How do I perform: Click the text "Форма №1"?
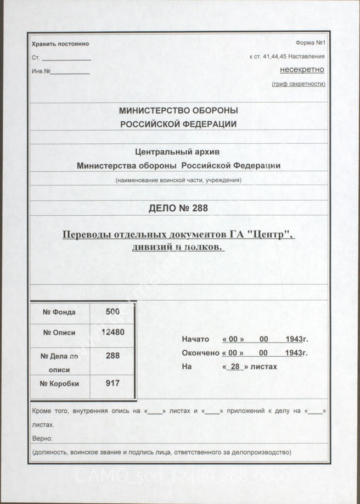point(311,43)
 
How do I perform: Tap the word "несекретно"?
point(302,70)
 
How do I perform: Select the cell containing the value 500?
point(112,311)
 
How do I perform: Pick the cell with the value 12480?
point(112,332)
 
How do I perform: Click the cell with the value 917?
point(112,383)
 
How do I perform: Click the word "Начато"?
point(195,340)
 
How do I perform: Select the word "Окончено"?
point(200,353)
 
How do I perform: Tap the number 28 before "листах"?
point(236,367)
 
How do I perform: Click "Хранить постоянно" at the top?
point(60,44)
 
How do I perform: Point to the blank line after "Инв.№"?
point(70,72)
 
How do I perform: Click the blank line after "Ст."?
point(66,59)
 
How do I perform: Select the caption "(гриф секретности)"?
point(298,84)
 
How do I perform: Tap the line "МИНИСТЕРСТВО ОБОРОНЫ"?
point(178,111)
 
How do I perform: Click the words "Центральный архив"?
point(178,152)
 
